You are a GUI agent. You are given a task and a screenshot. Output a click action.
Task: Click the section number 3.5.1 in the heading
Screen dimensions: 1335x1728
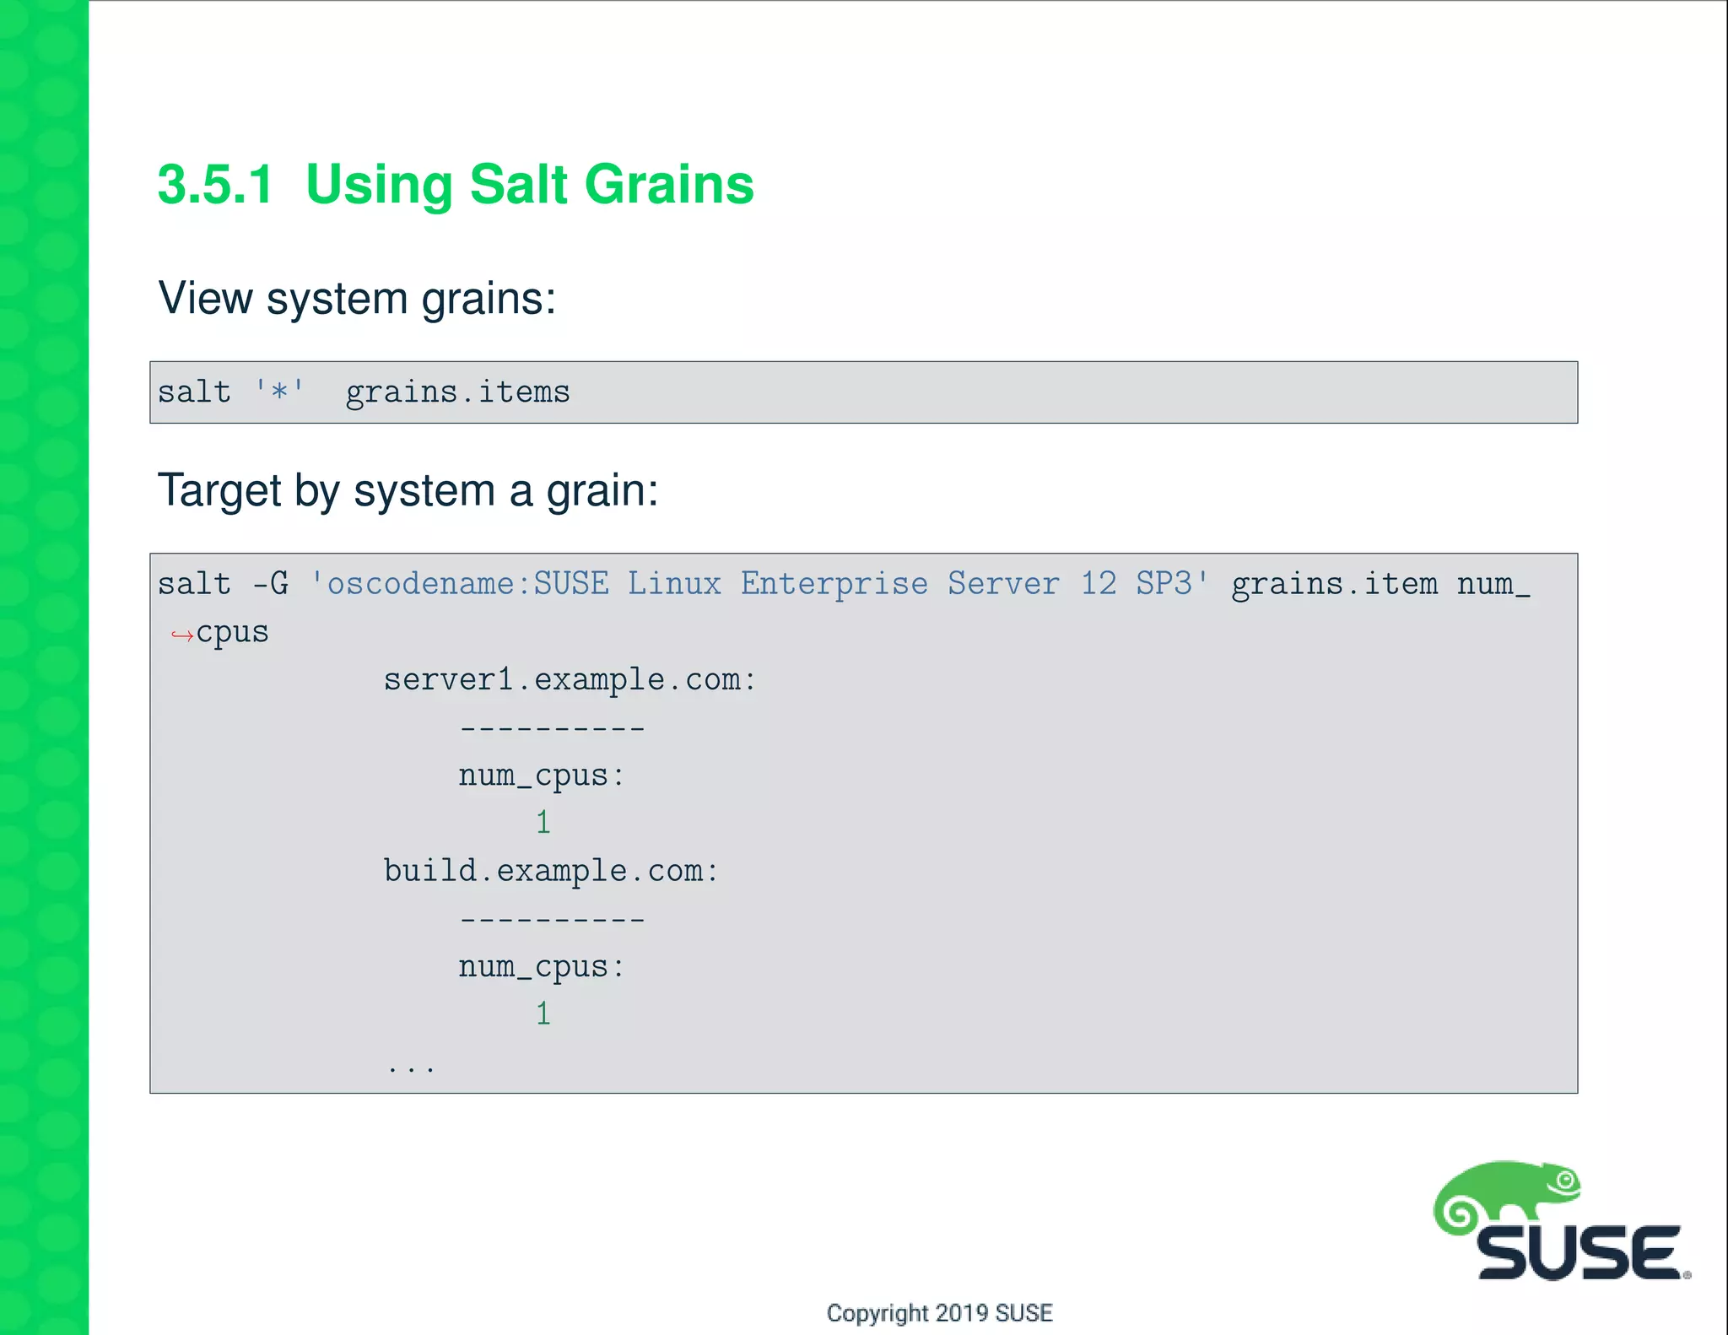click(215, 185)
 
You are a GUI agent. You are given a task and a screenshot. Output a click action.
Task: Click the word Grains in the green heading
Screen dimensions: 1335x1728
click(668, 185)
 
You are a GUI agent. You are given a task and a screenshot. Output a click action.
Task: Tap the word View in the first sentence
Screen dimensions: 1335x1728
click(205, 298)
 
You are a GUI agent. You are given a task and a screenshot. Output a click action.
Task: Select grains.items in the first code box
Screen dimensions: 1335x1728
click(457, 392)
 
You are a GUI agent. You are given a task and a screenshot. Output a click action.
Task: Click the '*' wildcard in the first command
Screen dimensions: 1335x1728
click(279, 392)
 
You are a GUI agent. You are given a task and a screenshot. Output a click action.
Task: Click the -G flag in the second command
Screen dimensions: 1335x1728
click(271, 584)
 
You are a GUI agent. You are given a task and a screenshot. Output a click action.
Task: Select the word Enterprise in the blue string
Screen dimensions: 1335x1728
click(834, 584)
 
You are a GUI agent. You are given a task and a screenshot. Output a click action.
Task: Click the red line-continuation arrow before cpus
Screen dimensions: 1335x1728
click(181, 635)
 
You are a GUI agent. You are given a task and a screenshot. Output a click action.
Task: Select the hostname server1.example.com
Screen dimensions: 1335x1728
click(570, 680)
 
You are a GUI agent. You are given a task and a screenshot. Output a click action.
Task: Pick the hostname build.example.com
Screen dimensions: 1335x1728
click(550, 871)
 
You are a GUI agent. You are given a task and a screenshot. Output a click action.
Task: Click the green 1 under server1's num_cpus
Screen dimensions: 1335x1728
click(543, 823)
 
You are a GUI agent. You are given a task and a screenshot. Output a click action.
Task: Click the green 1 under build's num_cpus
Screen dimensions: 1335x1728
click(543, 1013)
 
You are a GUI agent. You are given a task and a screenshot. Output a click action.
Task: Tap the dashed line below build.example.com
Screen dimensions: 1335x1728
click(553, 919)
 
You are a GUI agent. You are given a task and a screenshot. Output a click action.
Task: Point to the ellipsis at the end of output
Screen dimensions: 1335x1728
click(411, 1068)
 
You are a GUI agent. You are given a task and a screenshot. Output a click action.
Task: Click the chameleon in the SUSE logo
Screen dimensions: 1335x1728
click(1506, 1193)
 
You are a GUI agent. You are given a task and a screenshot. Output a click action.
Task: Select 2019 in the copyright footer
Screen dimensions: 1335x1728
click(962, 1313)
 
